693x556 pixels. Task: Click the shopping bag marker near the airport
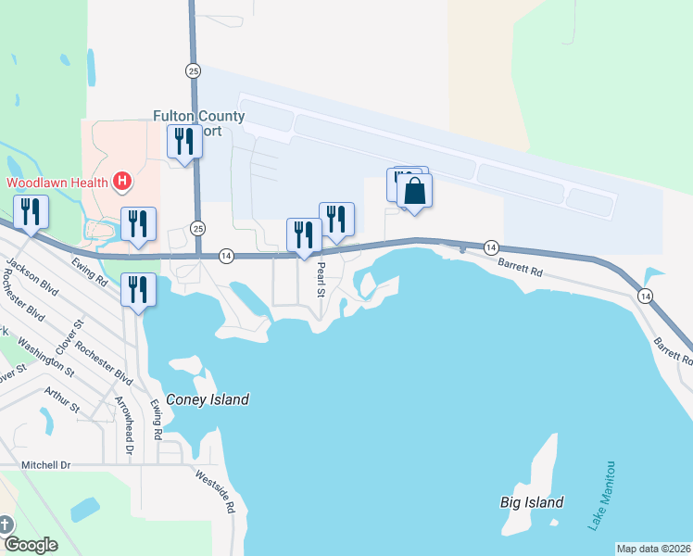(x=415, y=193)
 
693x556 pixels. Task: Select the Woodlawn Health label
(x=55, y=182)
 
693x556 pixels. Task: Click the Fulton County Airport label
(x=198, y=123)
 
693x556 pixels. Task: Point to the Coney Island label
(x=208, y=400)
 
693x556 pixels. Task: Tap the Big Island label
(x=532, y=502)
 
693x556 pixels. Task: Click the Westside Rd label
(x=215, y=491)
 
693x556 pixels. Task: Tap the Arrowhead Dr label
(x=123, y=425)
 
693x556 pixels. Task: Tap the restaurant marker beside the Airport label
(x=183, y=143)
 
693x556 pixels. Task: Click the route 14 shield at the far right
(x=644, y=295)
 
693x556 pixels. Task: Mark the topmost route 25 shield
(x=193, y=70)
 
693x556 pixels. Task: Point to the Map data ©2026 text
(x=654, y=549)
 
